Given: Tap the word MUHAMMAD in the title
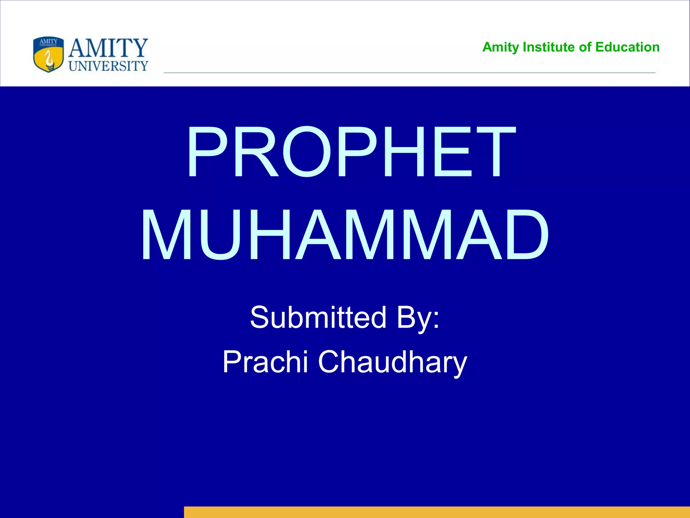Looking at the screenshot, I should tap(344, 235).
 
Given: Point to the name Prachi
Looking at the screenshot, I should tap(265, 362).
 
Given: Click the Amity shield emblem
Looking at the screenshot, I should tap(49, 55).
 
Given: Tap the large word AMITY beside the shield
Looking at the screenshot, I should tap(108, 48).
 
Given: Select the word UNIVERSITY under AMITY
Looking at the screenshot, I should tap(108, 66).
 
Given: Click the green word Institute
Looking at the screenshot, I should tap(548, 47).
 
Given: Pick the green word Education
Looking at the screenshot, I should tap(627, 47).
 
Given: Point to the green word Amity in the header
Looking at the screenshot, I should tap(500, 48).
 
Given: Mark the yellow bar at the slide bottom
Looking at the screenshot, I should tap(437, 512).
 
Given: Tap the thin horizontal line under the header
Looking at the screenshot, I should tap(409, 73).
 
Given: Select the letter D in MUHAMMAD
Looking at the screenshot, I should tap(521, 235).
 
